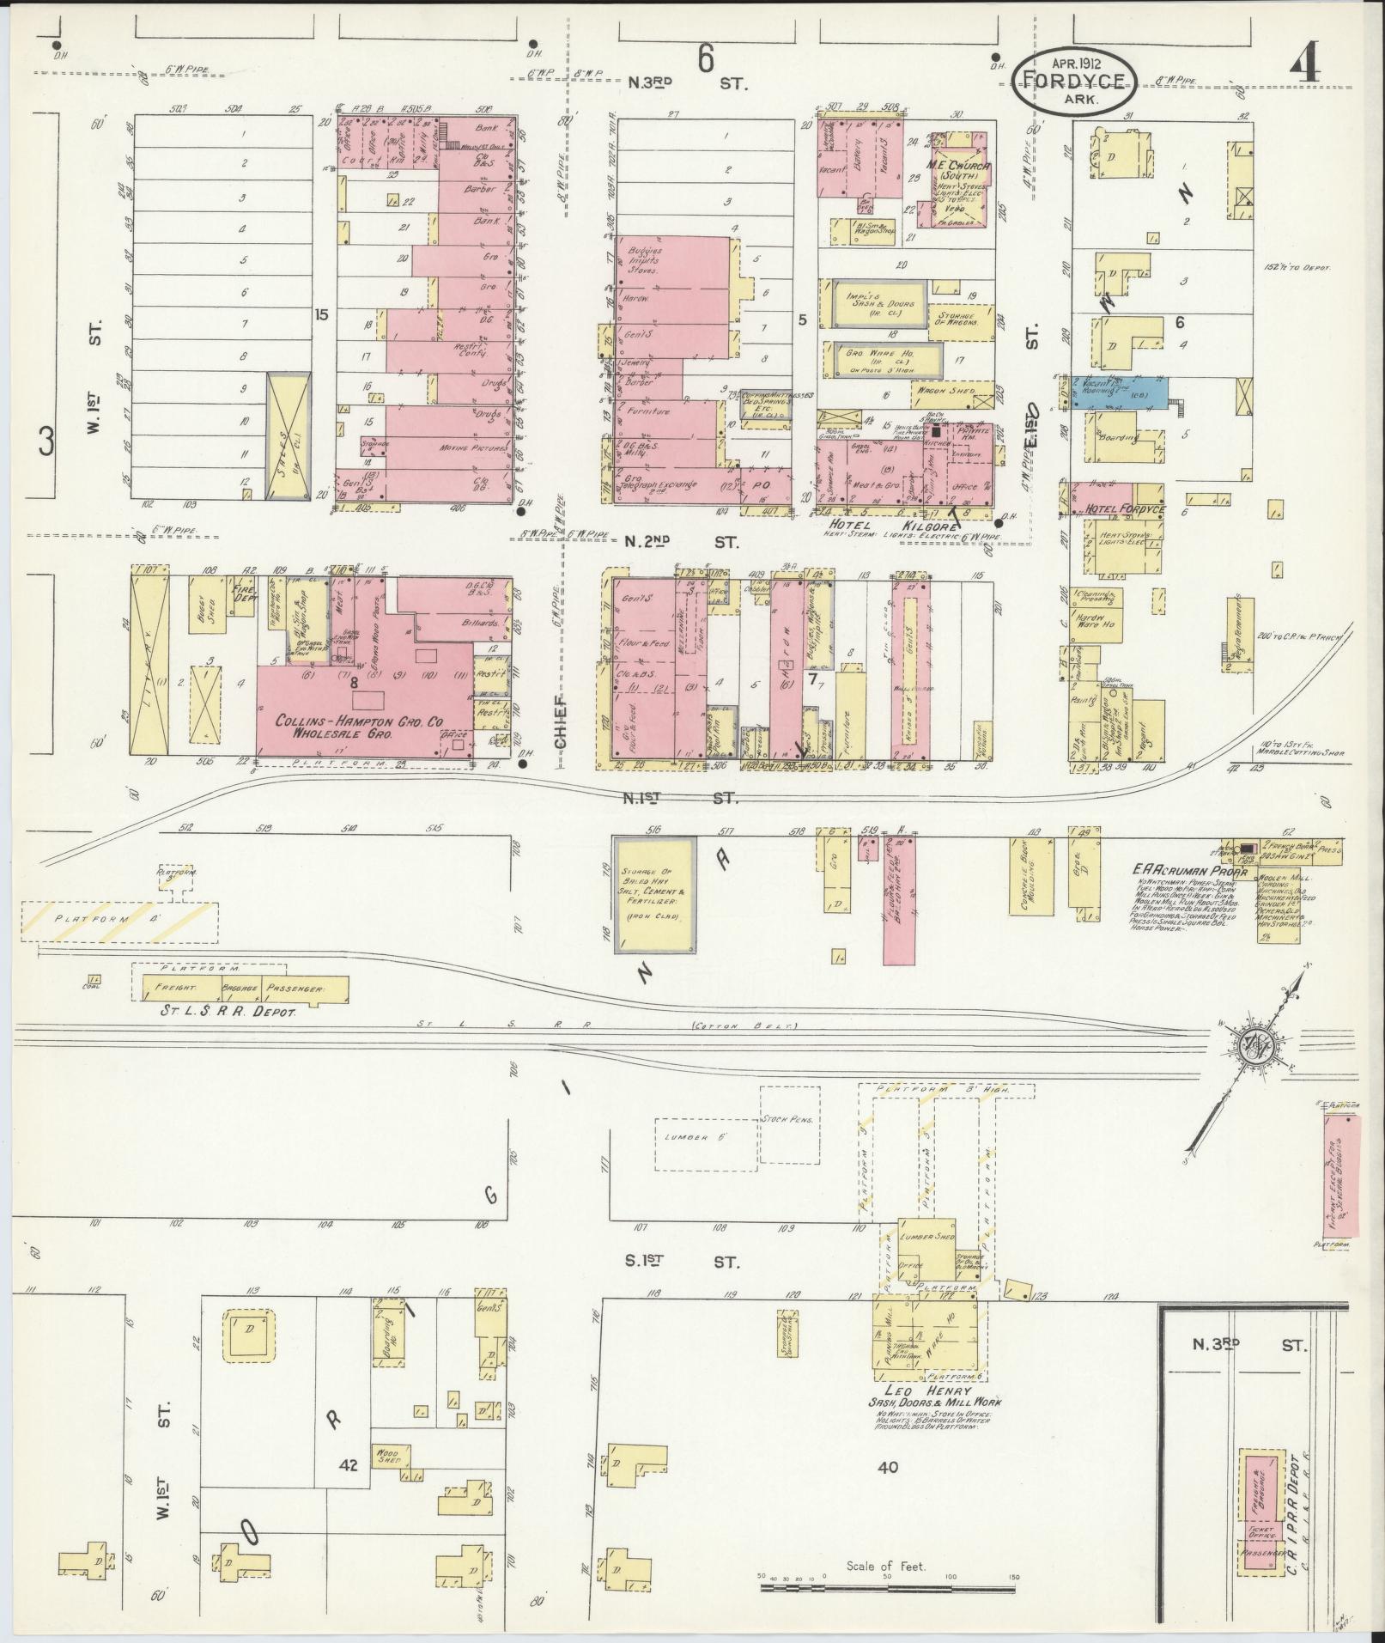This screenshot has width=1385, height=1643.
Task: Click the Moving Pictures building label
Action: (x=464, y=447)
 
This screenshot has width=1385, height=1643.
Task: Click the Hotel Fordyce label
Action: (x=1126, y=509)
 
